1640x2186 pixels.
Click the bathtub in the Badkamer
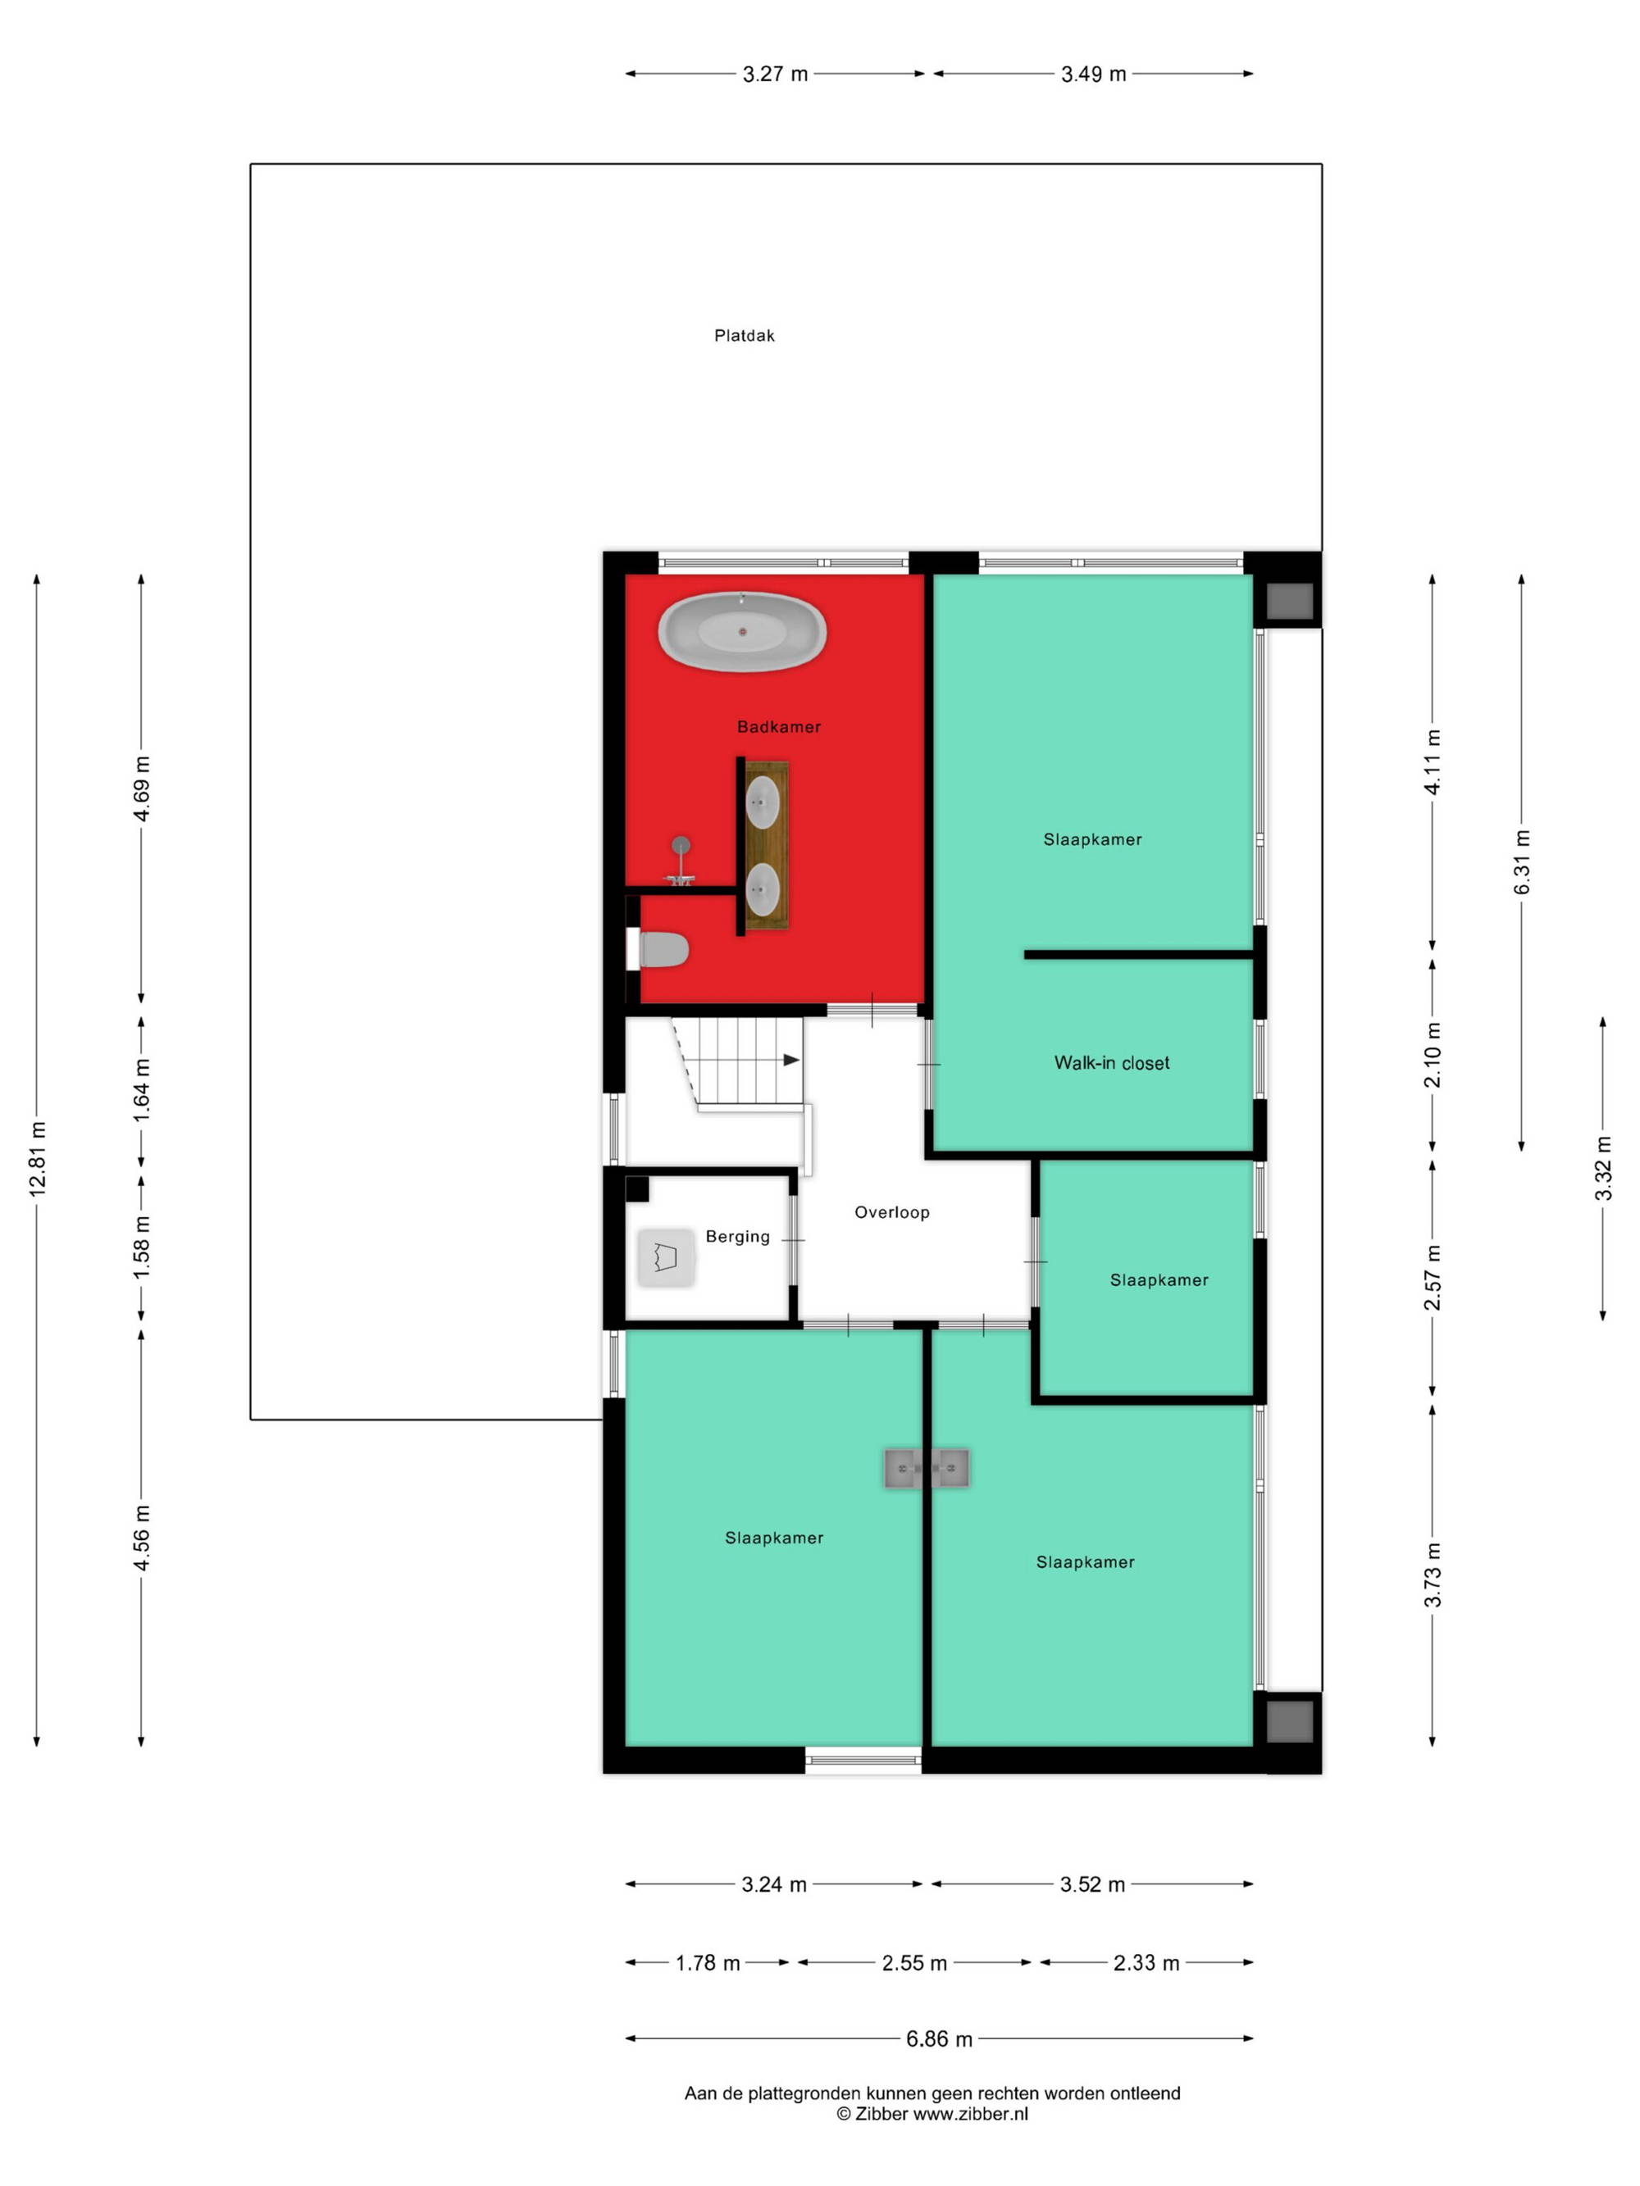[x=741, y=631]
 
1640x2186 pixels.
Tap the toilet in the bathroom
[x=659, y=948]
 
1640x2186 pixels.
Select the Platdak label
[x=745, y=336]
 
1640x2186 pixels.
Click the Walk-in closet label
[x=1111, y=1063]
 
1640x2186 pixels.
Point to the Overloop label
[x=891, y=1212]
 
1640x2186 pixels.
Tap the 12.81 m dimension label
[x=38, y=1159]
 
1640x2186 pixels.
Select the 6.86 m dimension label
[x=939, y=2038]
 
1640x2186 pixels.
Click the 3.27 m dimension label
[x=775, y=74]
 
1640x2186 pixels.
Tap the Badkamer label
[x=779, y=727]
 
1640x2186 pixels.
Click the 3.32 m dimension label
[x=1603, y=1168]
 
